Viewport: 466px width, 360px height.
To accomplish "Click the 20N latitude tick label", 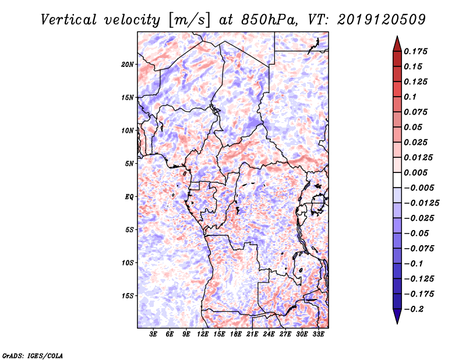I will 128,64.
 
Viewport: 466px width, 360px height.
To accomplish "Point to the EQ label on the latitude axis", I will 129,197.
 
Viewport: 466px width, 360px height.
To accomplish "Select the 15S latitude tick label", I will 128,296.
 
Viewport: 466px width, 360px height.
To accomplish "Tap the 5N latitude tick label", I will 129,164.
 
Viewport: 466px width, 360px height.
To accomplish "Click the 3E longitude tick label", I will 154,334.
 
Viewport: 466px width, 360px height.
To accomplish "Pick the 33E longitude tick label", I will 318,334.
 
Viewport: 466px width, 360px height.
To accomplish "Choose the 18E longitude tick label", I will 236,334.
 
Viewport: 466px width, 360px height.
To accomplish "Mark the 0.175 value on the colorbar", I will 417,51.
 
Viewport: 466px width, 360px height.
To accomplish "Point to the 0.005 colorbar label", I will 417,172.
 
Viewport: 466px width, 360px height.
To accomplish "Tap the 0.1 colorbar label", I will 412,97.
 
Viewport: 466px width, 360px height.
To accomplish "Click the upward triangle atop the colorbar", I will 397,43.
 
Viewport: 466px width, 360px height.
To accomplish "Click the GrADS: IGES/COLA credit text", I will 33,355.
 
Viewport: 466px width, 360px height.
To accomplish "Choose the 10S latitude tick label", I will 128,263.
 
